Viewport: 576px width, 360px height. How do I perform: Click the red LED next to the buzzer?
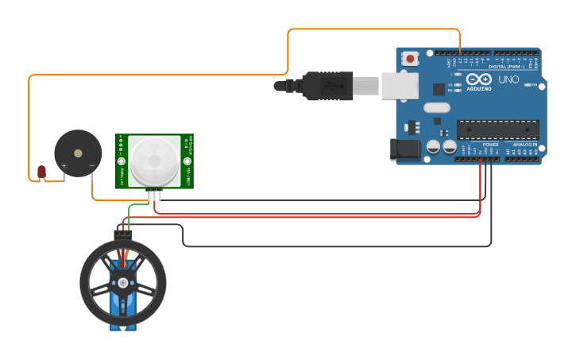coord(41,171)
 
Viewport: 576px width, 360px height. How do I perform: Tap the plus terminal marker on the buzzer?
coord(64,166)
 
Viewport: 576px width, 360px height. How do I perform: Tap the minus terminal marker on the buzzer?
coord(92,166)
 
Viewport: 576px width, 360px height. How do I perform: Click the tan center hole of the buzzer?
coord(77,153)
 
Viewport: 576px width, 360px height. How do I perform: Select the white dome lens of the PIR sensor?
coord(154,161)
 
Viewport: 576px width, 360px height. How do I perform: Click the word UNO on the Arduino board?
coord(508,80)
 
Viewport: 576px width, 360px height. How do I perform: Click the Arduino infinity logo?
coord(479,79)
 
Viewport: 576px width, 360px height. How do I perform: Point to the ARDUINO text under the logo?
coord(479,89)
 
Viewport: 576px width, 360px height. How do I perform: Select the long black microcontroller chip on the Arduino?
coord(497,130)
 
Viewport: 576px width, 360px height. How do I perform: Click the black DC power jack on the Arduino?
coord(404,149)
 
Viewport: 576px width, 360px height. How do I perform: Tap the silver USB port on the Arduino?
coord(399,85)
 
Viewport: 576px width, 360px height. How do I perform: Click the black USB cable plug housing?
coord(327,86)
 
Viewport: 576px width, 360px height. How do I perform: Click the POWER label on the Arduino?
coord(491,145)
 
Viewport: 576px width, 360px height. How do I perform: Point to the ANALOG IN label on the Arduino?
coord(524,145)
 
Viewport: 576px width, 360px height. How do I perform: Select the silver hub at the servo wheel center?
coord(122,283)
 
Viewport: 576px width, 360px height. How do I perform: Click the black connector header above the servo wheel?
coord(122,233)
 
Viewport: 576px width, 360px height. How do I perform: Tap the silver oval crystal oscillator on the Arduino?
coord(436,107)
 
